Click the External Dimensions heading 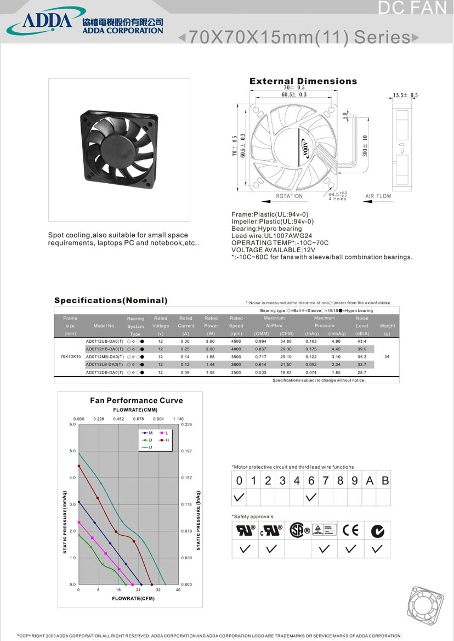pyautogui.click(x=303, y=81)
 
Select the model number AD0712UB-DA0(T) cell pyautogui.click(x=104, y=341)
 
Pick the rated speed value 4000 pyautogui.click(x=236, y=349)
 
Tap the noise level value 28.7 pyautogui.click(x=362, y=372)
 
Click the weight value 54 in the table pyautogui.click(x=387, y=356)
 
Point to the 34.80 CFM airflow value pyautogui.click(x=286, y=341)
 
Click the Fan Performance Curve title pyautogui.click(x=136, y=400)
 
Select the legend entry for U pyautogui.click(x=148, y=447)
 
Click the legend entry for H pyautogui.click(x=164, y=440)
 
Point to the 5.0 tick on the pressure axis pyautogui.click(x=72, y=451)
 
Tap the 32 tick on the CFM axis pyautogui.click(x=158, y=590)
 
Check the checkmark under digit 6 pyautogui.click(x=311, y=497)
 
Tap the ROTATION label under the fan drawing pyautogui.click(x=289, y=196)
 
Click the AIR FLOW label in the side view pyautogui.click(x=378, y=196)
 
